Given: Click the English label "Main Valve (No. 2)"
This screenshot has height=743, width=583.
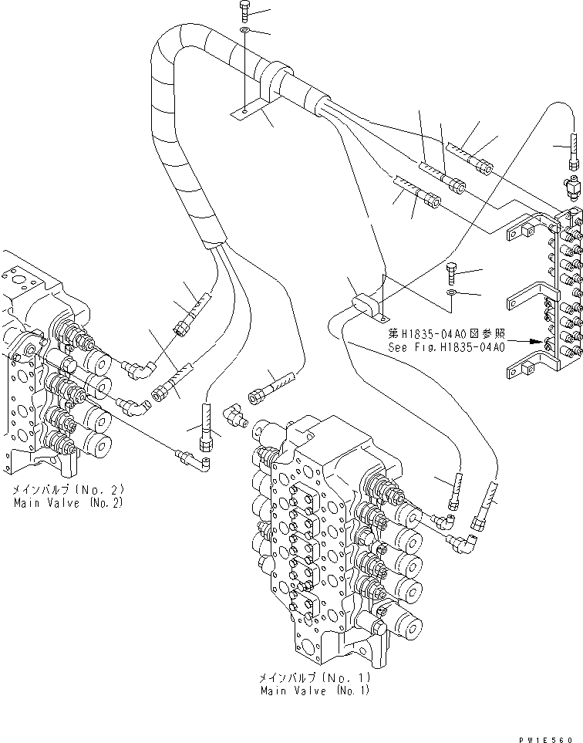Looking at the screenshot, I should point(69,502).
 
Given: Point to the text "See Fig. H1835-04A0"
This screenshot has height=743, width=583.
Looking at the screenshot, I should point(447,347).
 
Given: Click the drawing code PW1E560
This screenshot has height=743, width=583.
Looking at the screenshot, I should point(552,736).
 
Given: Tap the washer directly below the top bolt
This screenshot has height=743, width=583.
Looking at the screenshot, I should point(244,30).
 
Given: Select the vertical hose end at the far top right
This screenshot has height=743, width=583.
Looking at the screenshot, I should point(573,150).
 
